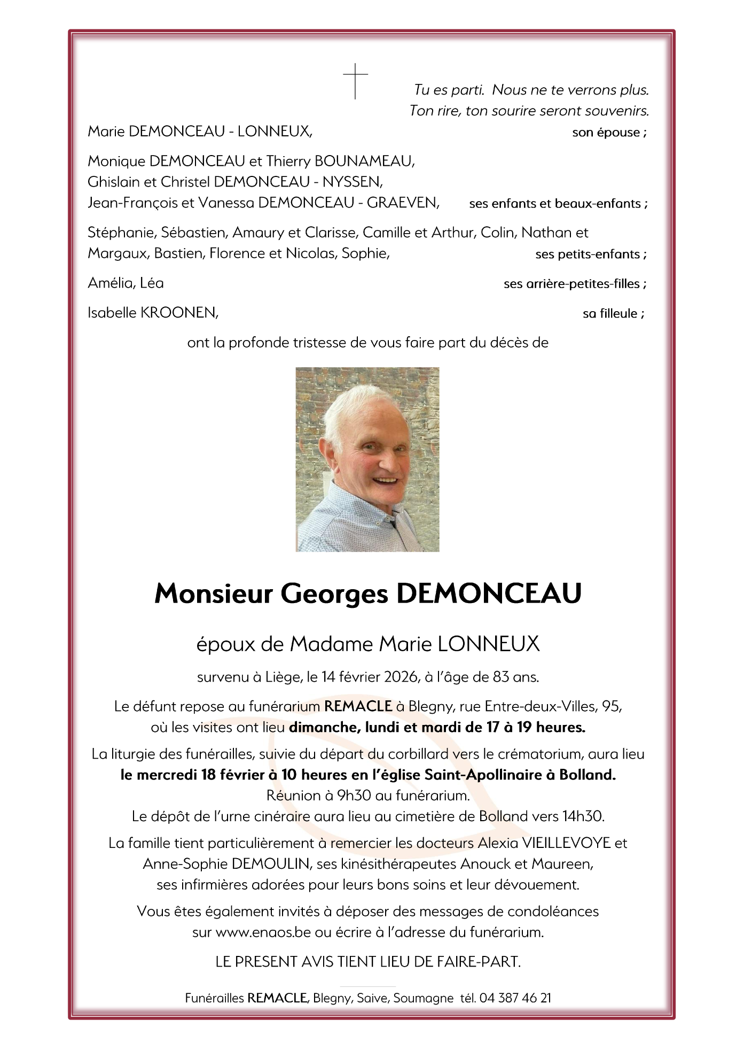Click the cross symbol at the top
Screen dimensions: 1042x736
pyautogui.click(x=355, y=81)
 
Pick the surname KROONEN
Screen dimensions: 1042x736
pyautogui.click(x=178, y=313)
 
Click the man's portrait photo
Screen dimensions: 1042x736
pyautogui.click(x=367, y=459)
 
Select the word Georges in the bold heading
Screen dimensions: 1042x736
pyautogui.click(x=334, y=593)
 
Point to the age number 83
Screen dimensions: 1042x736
pyautogui.click(x=501, y=677)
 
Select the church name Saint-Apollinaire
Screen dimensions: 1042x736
pyautogui.click(x=483, y=775)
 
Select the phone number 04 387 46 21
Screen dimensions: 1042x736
pyautogui.click(x=515, y=998)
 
